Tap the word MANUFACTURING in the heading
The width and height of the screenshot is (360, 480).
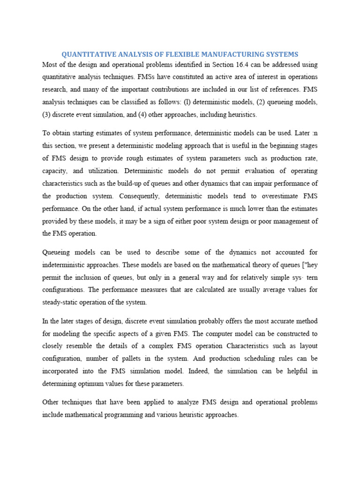coord(228,54)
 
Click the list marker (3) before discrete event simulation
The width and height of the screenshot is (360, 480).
coord(47,114)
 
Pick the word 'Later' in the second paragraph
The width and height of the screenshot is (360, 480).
coord(296,132)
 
